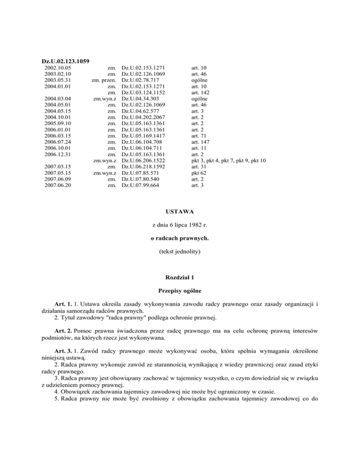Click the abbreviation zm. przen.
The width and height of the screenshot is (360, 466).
coord(104,81)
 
